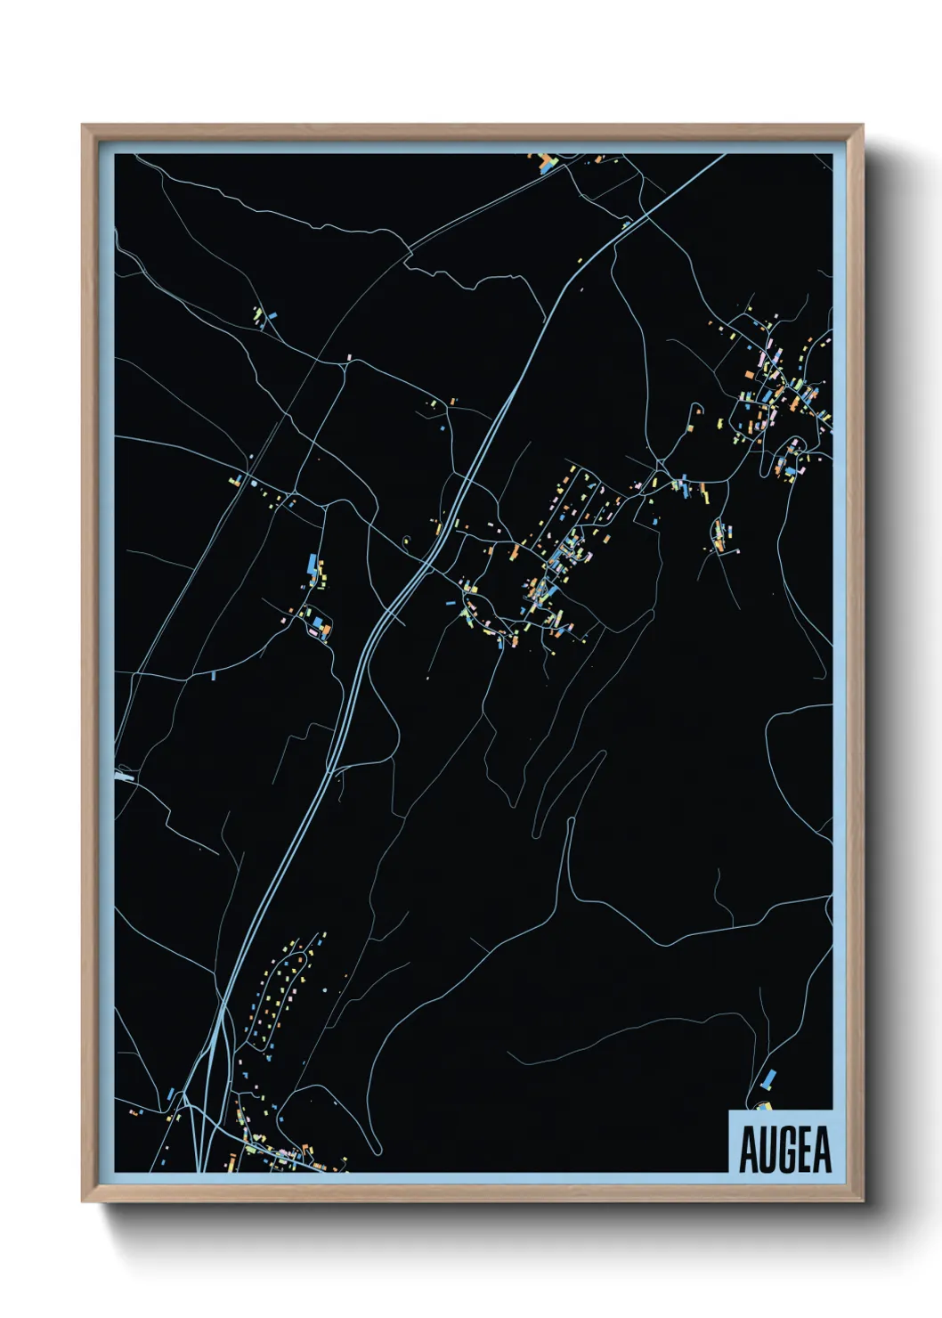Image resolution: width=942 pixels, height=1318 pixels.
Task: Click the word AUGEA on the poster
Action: click(784, 1150)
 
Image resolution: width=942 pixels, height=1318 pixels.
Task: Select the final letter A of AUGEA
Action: click(822, 1150)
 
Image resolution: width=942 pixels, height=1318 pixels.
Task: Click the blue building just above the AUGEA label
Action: click(767, 1079)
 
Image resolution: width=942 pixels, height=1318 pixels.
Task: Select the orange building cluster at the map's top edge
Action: click(544, 162)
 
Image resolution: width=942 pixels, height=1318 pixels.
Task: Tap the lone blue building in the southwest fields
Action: click(213, 674)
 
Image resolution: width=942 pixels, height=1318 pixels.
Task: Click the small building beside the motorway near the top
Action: click(626, 225)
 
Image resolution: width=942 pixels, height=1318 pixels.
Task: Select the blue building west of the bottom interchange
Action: click(170, 1093)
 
